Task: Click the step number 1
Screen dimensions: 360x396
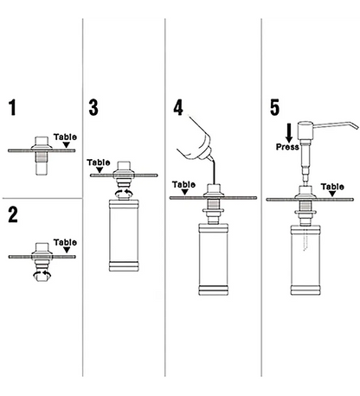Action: point(12,107)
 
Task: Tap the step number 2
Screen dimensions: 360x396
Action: point(13,214)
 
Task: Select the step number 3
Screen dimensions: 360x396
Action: point(93,107)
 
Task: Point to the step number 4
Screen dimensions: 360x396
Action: point(178,107)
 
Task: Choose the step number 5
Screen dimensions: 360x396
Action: point(274,107)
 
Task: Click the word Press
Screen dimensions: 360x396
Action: point(287,147)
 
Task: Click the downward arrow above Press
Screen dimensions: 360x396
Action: point(289,132)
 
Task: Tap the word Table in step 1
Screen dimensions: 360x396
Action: point(65,137)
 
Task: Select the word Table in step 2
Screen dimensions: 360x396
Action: point(65,242)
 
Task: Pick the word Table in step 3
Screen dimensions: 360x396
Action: point(99,163)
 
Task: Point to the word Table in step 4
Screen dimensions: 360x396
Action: point(183,184)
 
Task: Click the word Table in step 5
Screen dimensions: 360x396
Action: point(332,187)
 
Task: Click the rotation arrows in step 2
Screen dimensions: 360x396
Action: point(42,274)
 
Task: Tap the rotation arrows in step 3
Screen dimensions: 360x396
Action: point(124,193)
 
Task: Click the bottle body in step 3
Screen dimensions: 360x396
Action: point(124,235)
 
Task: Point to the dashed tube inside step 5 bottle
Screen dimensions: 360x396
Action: point(305,239)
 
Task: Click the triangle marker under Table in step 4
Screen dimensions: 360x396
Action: point(185,192)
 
